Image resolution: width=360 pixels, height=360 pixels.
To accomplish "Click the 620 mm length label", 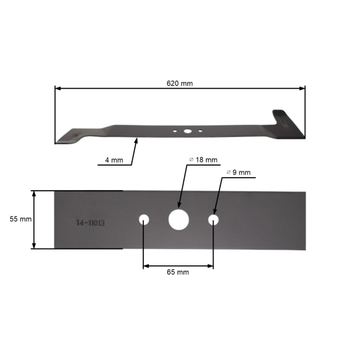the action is click(179, 83).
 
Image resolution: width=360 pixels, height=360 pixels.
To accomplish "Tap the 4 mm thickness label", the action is click(114, 160).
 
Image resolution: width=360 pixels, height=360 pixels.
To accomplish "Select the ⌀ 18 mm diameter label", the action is click(203, 160).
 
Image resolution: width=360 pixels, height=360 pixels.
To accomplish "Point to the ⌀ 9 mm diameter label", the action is click(238, 172).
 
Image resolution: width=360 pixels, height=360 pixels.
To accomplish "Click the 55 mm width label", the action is click(20, 219).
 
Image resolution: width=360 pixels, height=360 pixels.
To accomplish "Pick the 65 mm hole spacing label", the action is click(178, 272).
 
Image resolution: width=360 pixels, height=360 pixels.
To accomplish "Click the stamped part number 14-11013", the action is click(91, 223).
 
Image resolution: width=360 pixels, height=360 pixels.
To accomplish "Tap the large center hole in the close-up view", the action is click(179, 220).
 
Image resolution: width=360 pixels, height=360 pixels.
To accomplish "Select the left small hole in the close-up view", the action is click(144, 220).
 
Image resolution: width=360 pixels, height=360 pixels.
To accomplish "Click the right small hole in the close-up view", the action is click(213, 220).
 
